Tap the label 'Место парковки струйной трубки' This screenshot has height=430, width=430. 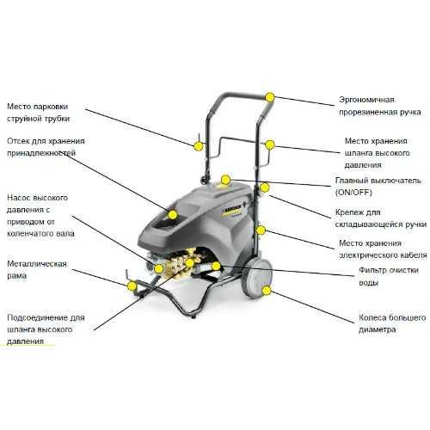(39, 109)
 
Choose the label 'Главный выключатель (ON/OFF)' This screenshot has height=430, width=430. (380, 187)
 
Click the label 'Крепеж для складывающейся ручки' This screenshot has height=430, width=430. (380, 217)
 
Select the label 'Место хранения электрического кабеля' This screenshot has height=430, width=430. (380, 249)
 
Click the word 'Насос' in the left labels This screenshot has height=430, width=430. (20, 197)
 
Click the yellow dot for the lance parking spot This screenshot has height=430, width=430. (199, 145)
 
